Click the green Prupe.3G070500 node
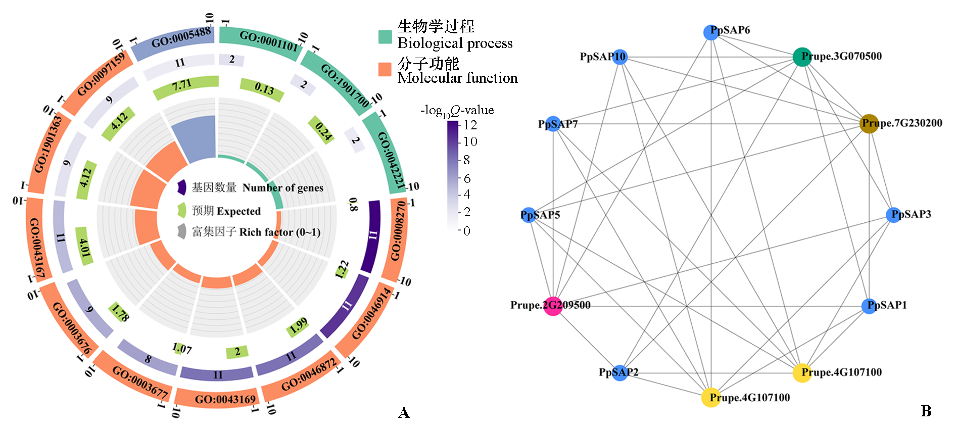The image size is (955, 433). [801, 57]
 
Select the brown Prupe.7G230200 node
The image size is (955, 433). [869, 123]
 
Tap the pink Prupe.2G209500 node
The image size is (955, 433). [553, 306]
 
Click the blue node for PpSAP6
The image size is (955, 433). [711, 32]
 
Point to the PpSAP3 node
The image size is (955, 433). [893, 215]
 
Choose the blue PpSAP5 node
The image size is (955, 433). [529, 215]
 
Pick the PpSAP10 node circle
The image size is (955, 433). [619, 57]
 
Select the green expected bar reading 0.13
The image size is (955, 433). [261, 89]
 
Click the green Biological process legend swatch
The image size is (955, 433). [385, 37]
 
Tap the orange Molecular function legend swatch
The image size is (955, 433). [385, 70]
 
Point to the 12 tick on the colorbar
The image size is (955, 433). [470, 125]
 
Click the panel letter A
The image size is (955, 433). [403, 413]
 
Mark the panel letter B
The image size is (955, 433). [926, 411]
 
